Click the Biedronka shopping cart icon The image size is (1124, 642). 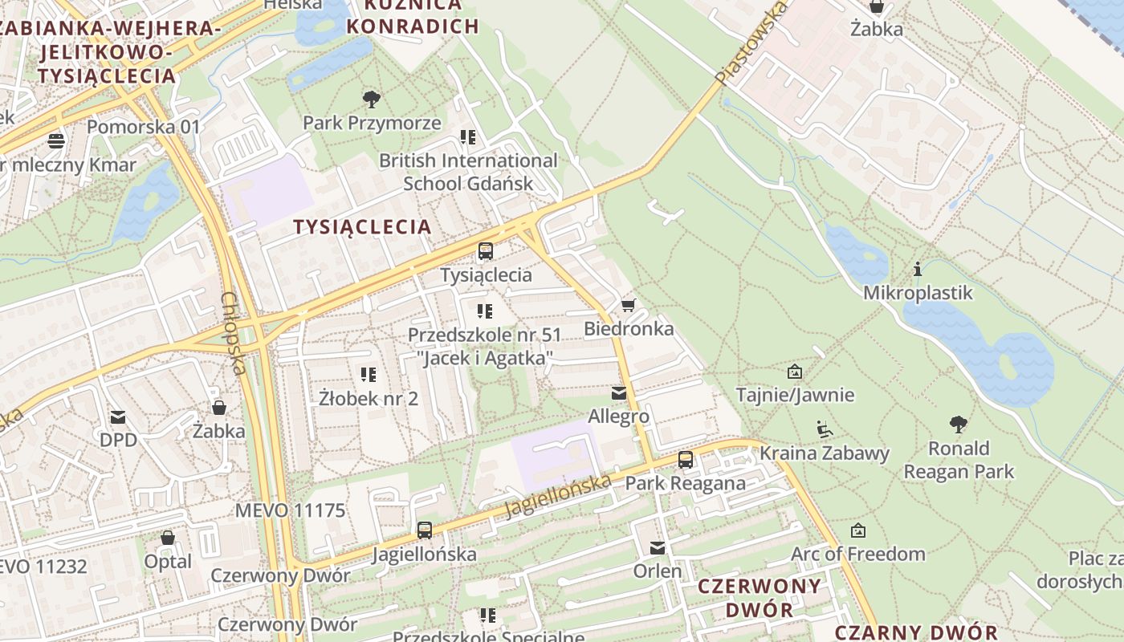628,305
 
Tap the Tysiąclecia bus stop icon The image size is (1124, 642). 486,251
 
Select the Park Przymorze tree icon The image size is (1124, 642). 371,100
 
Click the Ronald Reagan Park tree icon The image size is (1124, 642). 958,425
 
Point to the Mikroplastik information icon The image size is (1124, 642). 918,269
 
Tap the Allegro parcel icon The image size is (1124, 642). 618,393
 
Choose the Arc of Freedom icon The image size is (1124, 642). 857,530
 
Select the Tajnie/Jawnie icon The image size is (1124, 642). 795,371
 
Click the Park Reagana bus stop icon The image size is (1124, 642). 685,460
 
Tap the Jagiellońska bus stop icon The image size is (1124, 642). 424,530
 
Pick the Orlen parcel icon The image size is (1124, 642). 658,548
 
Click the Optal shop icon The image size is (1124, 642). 168,538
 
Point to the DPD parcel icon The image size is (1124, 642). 118,416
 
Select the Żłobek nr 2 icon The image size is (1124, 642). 369,374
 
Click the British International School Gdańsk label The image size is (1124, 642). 468,172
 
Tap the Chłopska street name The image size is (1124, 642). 232,333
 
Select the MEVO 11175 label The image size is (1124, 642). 290,510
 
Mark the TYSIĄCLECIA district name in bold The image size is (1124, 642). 362,226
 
